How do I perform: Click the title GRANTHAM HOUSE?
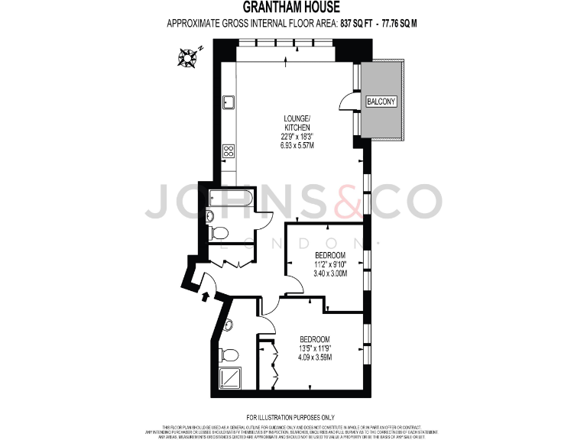[x=293, y=8]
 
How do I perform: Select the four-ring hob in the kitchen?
[x=228, y=150]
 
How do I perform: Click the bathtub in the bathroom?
[x=230, y=201]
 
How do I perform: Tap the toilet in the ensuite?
[x=225, y=354]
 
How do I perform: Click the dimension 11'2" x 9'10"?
[x=330, y=264]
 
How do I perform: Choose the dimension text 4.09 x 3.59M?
[x=315, y=357]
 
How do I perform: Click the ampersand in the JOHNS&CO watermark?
[x=342, y=202]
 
